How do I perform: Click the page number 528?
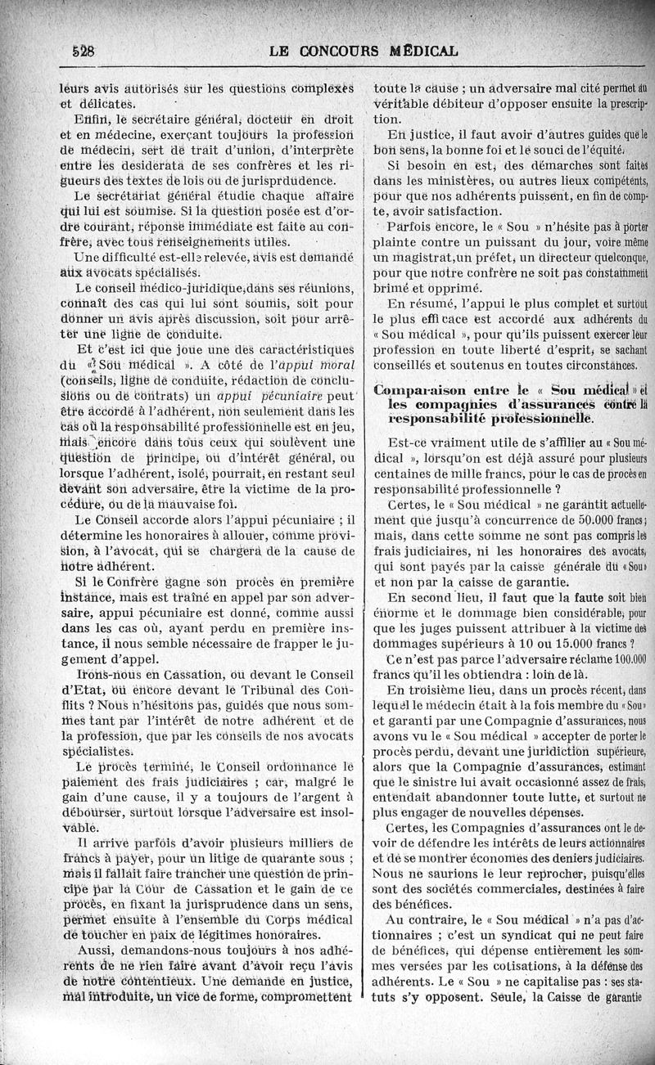(83, 50)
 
